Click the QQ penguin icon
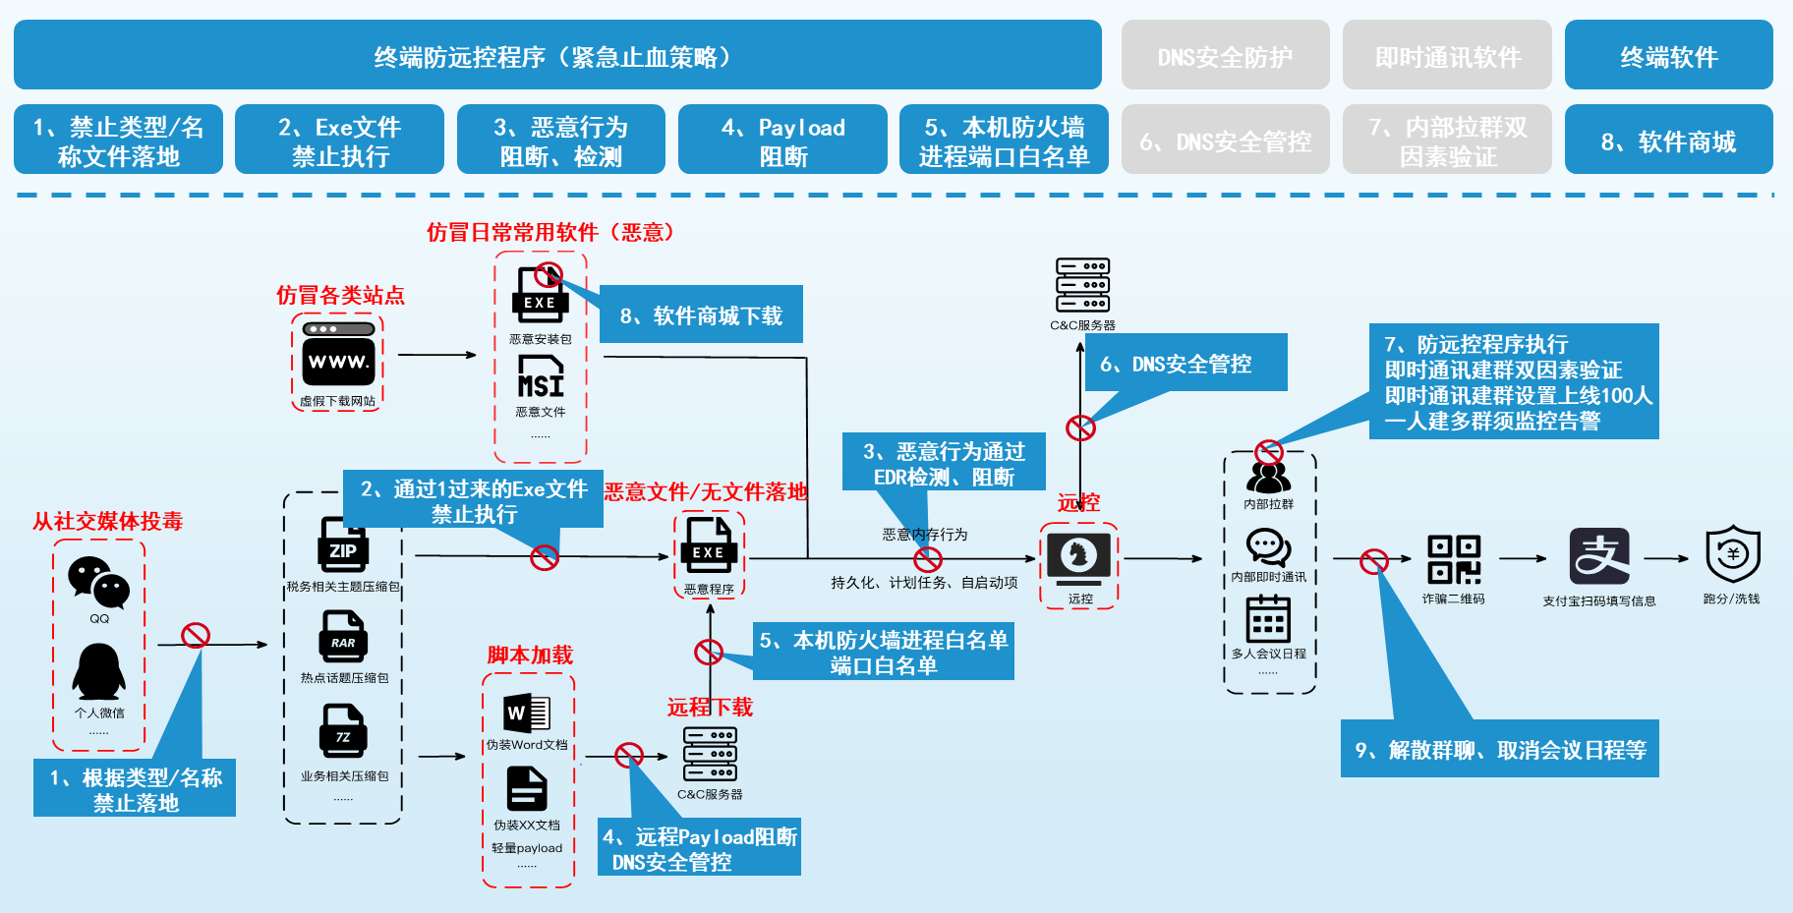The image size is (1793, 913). (x=98, y=672)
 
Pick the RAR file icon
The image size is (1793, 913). (x=342, y=637)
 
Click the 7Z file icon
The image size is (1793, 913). (x=342, y=731)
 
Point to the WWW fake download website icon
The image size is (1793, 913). (x=337, y=355)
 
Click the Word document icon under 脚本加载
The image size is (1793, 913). (x=527, y=713)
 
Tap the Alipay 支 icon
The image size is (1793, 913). (x=1598, y=556)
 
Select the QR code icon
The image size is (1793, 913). (x=1454, y=559)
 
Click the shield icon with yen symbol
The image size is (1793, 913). (x=1732, y=554)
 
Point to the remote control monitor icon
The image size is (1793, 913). (x=1078, y=557)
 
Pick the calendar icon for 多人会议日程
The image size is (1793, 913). (x=1268, y=619)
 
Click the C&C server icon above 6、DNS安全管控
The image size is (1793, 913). (x=1082, y=286)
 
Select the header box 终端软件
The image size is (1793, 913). (x=1668, y=56)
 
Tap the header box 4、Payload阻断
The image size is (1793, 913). (x=782, y=141)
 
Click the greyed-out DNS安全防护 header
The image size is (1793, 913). (x=1225, y=56)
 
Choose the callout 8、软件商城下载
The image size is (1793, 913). (x=701, y=315)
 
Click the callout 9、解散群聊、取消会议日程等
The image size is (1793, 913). (x=1500, y=750)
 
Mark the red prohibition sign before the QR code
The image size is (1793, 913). (x=1373, y=561)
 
